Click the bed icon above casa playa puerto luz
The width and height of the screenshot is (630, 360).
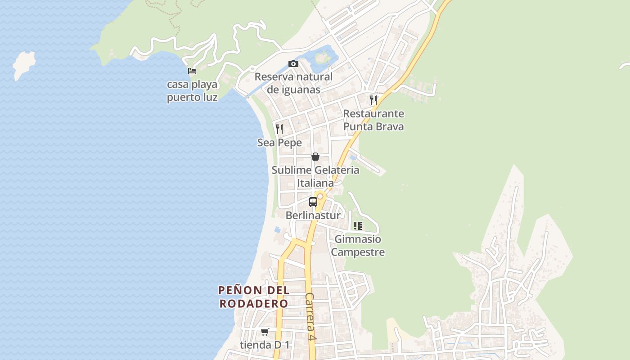coord(192,71)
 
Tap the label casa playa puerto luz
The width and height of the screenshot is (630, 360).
coord(192,90)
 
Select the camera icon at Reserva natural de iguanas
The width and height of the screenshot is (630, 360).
coord(293,64)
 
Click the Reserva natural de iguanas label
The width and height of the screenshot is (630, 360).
coord(293,83)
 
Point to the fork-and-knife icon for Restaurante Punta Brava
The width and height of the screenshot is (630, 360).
coord(373,100)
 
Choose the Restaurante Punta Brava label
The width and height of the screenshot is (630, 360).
coord(373,120)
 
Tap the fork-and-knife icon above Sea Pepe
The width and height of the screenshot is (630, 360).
coord(279,129)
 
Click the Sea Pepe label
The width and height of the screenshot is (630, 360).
coord(279,143)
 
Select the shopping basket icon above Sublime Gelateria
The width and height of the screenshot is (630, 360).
coord(315,157)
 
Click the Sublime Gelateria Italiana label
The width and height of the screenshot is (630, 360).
coord(315,176)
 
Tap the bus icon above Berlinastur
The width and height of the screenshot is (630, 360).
coord(313,202)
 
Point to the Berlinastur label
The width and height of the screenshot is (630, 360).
coord(313,216)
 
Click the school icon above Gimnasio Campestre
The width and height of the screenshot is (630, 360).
coord(358,225)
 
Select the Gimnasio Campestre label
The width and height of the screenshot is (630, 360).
coord(358,246)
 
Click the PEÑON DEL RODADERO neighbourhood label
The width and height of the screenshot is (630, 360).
coord(254,297)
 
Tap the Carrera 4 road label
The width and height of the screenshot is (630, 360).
coord(310,317)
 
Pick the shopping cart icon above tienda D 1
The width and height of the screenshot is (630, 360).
coord(265,332)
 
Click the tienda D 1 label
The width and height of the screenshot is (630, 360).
coord(265,345)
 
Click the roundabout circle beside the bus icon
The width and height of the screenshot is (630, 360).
coord(320,197)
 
